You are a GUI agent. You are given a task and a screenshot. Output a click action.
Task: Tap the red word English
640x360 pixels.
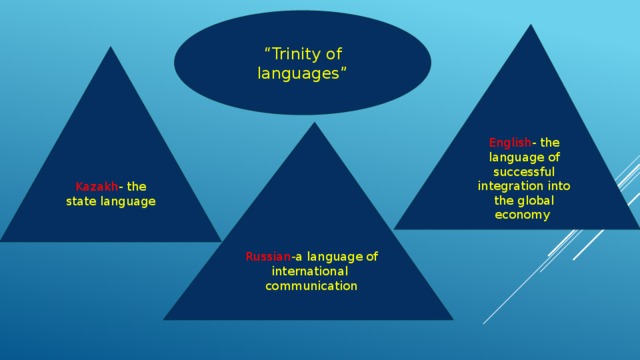(x=510, y=143)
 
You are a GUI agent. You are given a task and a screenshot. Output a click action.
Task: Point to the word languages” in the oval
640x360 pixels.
(x=302, y=73)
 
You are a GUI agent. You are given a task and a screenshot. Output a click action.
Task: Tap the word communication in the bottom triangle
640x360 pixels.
(x=311, y=287)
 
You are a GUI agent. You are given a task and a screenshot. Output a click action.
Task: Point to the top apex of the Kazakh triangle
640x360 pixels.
(x=111, y=48)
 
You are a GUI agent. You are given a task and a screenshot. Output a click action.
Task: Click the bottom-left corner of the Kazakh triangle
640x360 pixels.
(x=2, y=241)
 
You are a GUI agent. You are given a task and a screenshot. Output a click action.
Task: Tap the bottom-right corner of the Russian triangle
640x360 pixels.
(x=451, y=319)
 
